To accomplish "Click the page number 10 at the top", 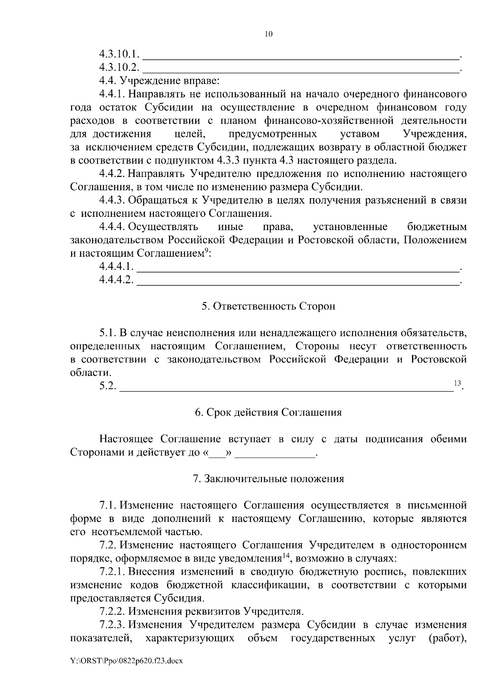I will coord(268,34).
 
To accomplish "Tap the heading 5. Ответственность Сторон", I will coord(268,306).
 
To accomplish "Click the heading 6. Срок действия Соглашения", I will coord(268,412).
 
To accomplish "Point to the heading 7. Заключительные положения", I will coord(268,479).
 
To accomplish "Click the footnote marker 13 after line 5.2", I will coord(457,383).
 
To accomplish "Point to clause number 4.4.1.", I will coord(112,94).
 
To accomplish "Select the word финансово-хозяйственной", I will coord(329,121).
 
